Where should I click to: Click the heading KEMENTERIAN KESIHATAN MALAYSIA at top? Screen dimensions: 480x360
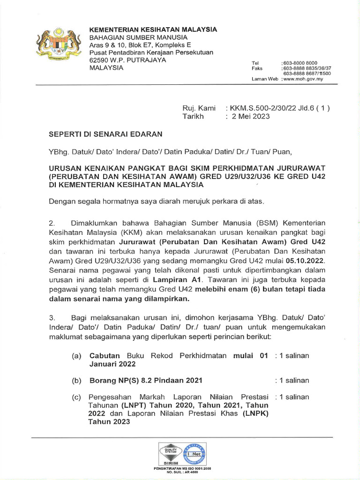[153, 29]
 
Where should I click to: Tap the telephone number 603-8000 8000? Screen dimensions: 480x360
[300, 63]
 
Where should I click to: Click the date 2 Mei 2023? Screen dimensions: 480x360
[251, 117]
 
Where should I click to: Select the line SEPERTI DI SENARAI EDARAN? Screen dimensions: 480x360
[105, 134]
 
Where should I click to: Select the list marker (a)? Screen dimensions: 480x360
[77, 356]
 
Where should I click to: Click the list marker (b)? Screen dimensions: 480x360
[77, 380]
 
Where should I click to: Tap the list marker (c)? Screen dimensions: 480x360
[77, 397]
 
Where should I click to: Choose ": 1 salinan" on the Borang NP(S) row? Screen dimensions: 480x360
[292, 380]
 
